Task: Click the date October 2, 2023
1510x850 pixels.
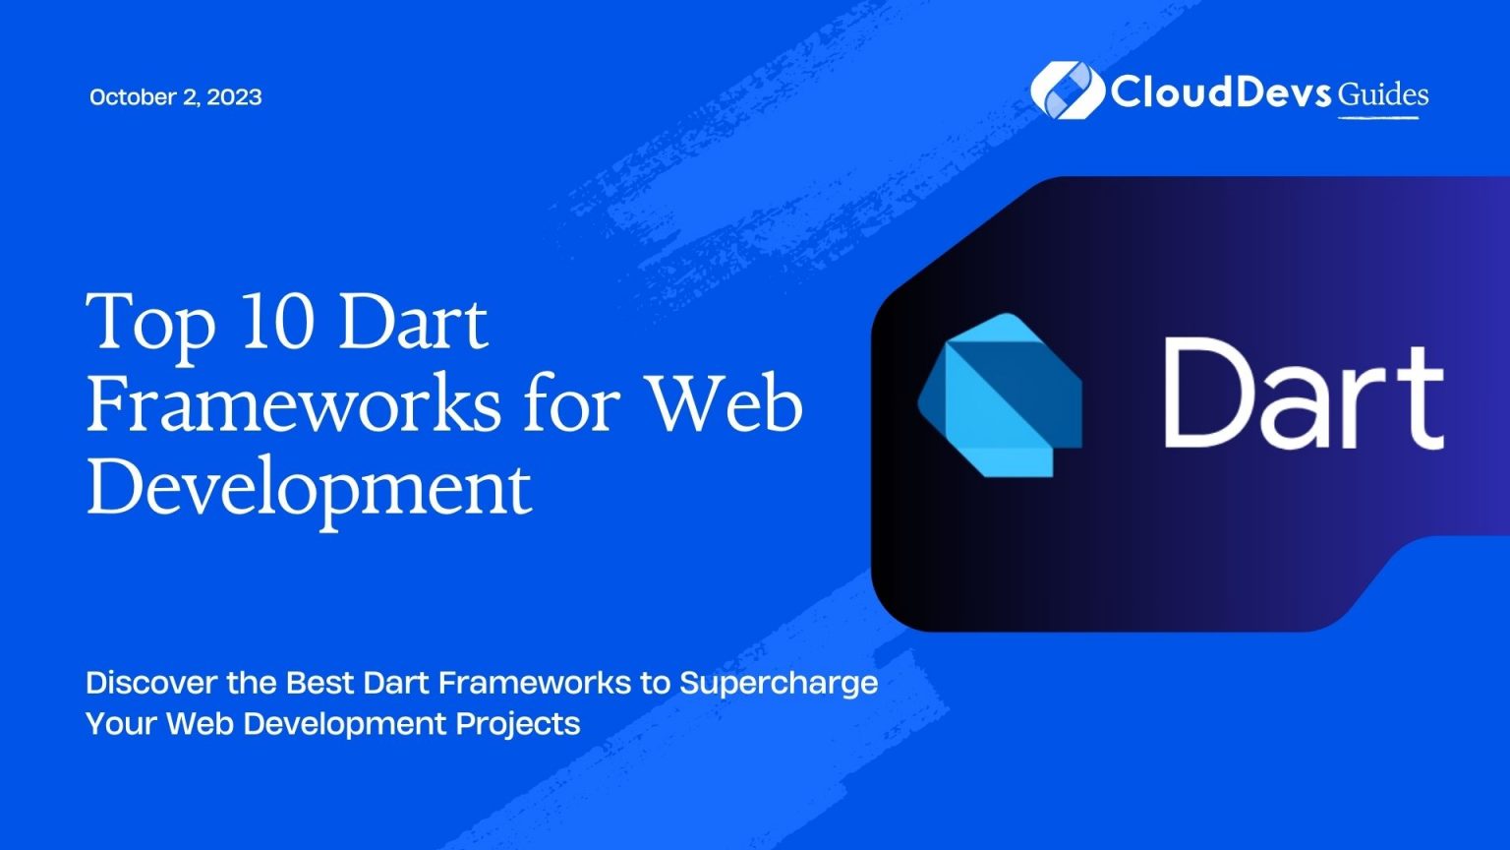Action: point(175,96)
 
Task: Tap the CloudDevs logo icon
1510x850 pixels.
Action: point(1067,91)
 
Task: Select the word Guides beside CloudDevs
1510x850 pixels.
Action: point(1383,94)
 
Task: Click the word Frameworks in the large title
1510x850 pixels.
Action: point(293,404)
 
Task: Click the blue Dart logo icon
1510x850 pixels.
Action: point(1000,395)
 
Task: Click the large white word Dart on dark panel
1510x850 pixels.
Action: point(1304,395)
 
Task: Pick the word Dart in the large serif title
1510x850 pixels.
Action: point(413,323)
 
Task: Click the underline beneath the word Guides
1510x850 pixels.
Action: point(1378,118)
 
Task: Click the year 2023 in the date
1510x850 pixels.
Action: point(234,96)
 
